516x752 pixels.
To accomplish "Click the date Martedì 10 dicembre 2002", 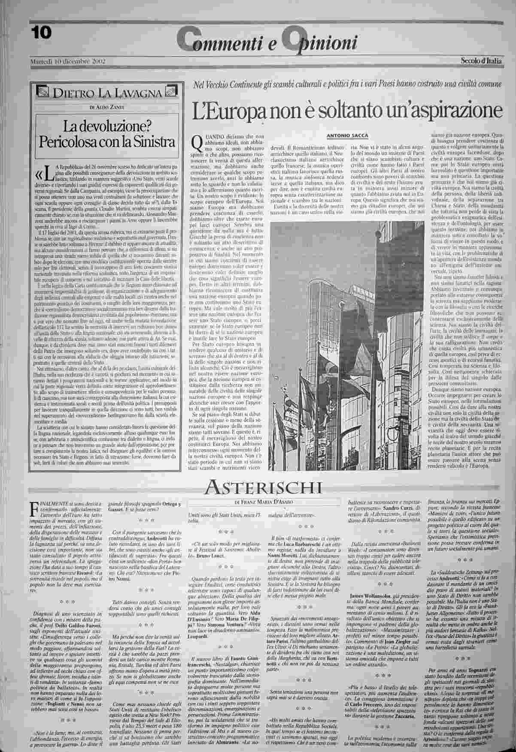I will click(68, 61).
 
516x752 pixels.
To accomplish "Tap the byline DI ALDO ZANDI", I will click(107, 106).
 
